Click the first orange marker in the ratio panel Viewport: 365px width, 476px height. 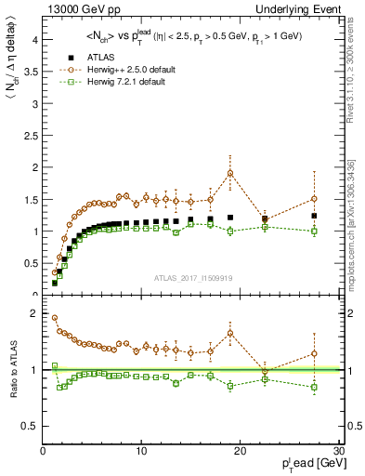point(54,318)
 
